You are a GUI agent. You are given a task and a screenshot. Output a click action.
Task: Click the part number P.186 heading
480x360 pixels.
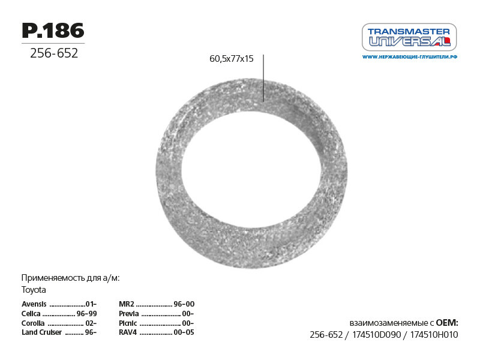(53, 31)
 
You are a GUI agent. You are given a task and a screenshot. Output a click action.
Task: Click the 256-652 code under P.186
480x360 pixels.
(54, 53)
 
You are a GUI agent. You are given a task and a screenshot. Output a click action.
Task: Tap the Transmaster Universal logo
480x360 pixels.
(409, 37)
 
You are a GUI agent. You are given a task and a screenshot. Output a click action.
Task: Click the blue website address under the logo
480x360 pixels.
(410, 57)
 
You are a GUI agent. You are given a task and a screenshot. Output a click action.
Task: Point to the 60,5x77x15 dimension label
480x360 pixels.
(232, 59)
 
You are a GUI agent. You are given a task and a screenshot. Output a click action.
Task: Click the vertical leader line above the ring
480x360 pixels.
(263, 78)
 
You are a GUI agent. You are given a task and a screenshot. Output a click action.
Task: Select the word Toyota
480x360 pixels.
(34, 290)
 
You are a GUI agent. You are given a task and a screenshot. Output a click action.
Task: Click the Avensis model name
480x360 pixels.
(34, 304)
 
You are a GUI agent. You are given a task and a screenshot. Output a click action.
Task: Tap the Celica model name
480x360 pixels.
(31, 313)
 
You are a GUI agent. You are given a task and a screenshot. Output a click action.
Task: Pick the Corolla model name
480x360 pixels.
(33, 323)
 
